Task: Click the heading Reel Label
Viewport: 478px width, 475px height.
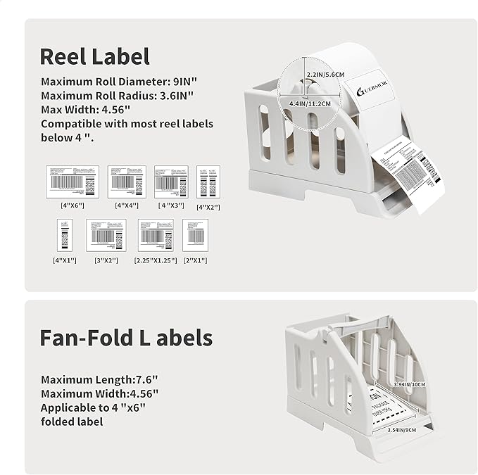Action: (x=94, y=56)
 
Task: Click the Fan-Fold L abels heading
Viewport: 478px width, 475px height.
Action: (x=126, y=337)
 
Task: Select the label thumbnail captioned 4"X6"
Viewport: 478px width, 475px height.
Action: (x=73, y=182)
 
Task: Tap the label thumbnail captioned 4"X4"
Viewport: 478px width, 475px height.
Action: (x=127, y=182)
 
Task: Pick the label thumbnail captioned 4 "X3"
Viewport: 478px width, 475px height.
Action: (x=171, y=182)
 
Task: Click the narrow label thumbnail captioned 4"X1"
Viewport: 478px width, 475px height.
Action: (x=65, y=235)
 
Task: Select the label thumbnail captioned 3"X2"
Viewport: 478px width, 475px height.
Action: (x=105, y=235)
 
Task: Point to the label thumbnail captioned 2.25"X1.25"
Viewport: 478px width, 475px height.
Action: (x=156, y=235)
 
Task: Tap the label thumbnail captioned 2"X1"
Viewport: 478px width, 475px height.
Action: (x=195, y=235)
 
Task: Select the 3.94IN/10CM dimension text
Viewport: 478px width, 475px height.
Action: (x=408, y=385)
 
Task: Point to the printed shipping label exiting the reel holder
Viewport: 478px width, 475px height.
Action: (x=408, y=172)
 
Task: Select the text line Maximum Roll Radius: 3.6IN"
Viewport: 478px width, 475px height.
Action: (x=117, y=96)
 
